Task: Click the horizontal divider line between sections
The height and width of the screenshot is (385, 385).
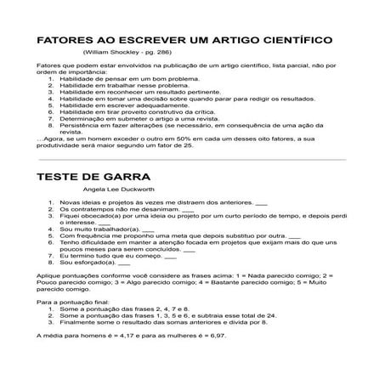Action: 192,159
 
